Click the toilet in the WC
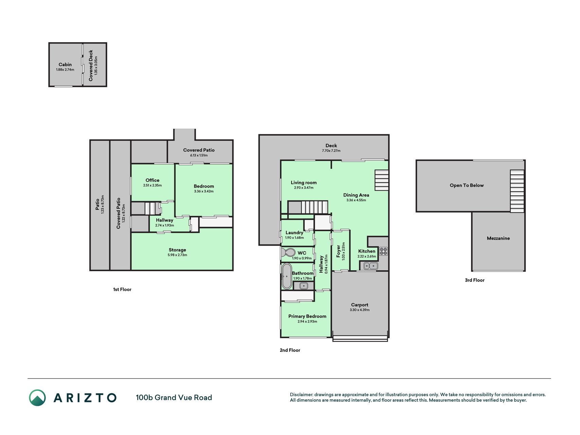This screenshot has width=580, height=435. coord(288,253)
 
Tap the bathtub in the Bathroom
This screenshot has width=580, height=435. coord(287,276)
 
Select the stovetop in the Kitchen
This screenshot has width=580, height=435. coord(383,251)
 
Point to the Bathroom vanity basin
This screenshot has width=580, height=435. coord(303,286)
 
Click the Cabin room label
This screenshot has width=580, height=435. coord(65,65)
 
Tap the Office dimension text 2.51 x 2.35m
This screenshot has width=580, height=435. coord(153,186)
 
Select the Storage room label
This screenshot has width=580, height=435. coord(177,250)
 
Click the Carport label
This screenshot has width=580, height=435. coord(359,305)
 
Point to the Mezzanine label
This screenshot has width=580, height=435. coord(498,238)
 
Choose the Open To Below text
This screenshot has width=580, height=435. coord(467,185)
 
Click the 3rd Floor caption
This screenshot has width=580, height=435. coord(475,280)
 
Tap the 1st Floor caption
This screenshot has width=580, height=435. coord(122,290)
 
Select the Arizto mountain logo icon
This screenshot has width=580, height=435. coord(37,398)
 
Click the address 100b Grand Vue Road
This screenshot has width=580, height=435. coord(174,398)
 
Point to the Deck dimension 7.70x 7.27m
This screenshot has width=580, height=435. coord(331,151)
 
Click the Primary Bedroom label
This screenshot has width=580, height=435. coord(307,316)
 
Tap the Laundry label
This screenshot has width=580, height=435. coord(294,233)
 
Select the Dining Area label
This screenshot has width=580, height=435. coord(356,195)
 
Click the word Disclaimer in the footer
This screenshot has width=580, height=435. coord(301,395)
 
